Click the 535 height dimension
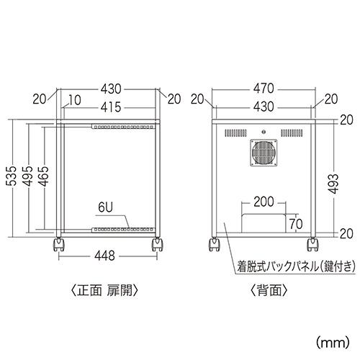[x=12, y=176]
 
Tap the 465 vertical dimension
[x=44, y=176]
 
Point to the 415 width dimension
[x=111, y=107]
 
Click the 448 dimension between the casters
[x=105, y=256]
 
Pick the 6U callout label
[x=105, y=207]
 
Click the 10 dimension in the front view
[x=75, y=100]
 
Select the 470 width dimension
[x=264, y=89]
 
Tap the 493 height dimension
[x=333, y=184]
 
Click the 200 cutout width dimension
[x=264, y=202]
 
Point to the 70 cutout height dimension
[x=296, y=224]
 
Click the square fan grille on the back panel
[x=264, y=153]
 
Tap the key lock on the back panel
[x=264, y=132]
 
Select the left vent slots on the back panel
[x=235, y=133]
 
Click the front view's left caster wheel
[x=58, y=245]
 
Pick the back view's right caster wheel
[x=312, y=245]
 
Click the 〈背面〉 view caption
[x=269, y=291]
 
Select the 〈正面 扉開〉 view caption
[x=105, y=291]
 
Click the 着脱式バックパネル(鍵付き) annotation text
[x=296, y=267]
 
